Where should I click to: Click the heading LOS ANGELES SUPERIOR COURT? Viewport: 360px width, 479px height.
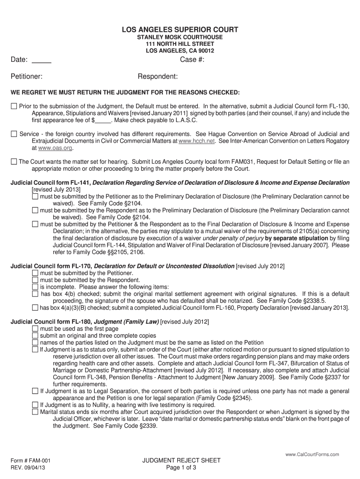pos(180,30)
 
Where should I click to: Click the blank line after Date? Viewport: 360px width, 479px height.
pos(42,60)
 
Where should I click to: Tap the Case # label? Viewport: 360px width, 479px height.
pos(192,59)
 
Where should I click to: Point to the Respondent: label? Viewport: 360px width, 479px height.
pos(158,76)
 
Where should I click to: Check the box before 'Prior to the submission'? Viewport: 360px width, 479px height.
pos(14,106)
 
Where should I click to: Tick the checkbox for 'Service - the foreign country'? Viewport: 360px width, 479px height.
pos(14,134)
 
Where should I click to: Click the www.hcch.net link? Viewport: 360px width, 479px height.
pos(196,141)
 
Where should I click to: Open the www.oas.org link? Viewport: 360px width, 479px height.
pos(55,148)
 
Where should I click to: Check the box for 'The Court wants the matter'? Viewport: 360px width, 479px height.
pos(14,162)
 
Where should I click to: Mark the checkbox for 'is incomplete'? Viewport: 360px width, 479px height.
pos(35,287)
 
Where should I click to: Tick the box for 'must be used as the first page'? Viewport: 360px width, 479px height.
pos(35,329)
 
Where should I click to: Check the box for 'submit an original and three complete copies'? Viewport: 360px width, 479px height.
pos(35,335)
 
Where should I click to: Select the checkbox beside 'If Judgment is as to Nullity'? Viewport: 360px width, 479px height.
pos(35,405)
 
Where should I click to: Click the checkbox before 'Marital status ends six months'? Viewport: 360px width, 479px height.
pos(35,412)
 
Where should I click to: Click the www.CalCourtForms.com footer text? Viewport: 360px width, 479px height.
pos(312,454)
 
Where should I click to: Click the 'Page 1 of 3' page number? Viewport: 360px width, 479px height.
pos(181,467)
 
